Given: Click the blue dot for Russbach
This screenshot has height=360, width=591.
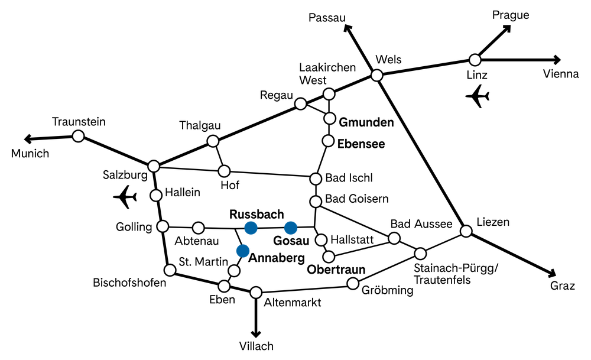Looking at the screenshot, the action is (251, 228).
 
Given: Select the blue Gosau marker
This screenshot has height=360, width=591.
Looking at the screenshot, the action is (291, 228).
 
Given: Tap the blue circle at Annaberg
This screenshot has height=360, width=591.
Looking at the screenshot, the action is (243, 251).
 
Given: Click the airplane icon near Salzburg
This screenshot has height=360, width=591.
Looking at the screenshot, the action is (125, 197).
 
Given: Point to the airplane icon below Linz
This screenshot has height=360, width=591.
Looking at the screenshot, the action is (478, 96).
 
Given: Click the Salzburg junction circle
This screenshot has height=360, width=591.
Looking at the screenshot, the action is (154, 166).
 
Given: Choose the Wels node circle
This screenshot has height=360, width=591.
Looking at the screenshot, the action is (376, 76).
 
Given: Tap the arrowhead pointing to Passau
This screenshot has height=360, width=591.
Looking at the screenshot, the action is (348, 28).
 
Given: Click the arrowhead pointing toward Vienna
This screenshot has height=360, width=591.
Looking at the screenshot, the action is (557, 60).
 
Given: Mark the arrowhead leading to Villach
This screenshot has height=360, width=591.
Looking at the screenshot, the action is (256, 333).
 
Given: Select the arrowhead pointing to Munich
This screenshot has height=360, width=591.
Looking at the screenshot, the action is (28, 139).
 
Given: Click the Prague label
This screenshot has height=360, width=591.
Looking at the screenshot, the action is (511, 15).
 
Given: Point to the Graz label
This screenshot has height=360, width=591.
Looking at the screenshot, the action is (563, 286).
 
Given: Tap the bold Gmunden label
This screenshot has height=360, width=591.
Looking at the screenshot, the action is (366, 122).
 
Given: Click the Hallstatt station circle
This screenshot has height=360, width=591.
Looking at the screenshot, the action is (321, 240).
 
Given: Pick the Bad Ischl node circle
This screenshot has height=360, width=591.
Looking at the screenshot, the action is (316, 179).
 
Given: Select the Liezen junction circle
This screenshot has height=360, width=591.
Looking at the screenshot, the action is (466, 231).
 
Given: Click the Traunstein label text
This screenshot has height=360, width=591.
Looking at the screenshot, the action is (79, 122).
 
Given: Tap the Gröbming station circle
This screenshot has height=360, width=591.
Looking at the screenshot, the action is (353, 284).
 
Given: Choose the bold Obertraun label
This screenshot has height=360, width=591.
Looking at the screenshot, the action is (336, 270).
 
